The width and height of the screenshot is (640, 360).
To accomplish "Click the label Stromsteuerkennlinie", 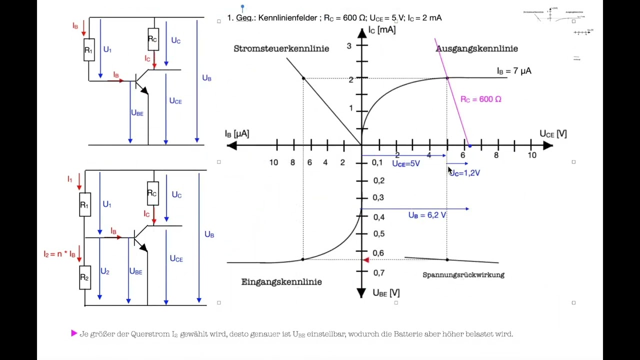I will click(281, 48).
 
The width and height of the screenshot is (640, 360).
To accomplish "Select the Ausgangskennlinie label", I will click(476, 48).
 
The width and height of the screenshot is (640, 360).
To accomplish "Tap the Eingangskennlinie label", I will click(281, 282).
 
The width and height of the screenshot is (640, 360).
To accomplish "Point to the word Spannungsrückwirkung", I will click(463, 275).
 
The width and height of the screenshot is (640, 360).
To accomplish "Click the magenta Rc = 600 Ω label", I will click(480, 99).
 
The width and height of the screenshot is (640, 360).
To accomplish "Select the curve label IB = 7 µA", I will click(514, 71).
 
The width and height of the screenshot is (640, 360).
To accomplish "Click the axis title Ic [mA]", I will click(382, 30).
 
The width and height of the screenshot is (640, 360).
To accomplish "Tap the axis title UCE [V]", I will click(553, 134).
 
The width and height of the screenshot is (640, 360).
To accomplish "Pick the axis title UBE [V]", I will click(386, 293).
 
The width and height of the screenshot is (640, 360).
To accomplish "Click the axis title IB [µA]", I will click(236, 134).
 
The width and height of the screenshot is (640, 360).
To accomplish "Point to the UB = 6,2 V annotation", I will click(427, 215).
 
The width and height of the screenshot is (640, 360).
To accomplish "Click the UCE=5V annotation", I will click(406, 164).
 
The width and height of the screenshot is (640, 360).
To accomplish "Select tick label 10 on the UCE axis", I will click(531, 155).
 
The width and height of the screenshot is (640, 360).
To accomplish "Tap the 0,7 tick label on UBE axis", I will click(379, 273).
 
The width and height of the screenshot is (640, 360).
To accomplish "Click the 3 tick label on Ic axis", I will click(349, 46).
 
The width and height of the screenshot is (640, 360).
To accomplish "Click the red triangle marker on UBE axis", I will click(366, 259).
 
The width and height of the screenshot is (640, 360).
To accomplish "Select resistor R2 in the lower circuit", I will click(85, 277).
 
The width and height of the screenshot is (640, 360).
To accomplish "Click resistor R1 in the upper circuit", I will click(89, 50).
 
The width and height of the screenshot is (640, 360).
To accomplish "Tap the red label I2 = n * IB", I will click(59, 254).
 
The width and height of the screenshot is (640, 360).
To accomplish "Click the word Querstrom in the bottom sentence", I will click(150, 334).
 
